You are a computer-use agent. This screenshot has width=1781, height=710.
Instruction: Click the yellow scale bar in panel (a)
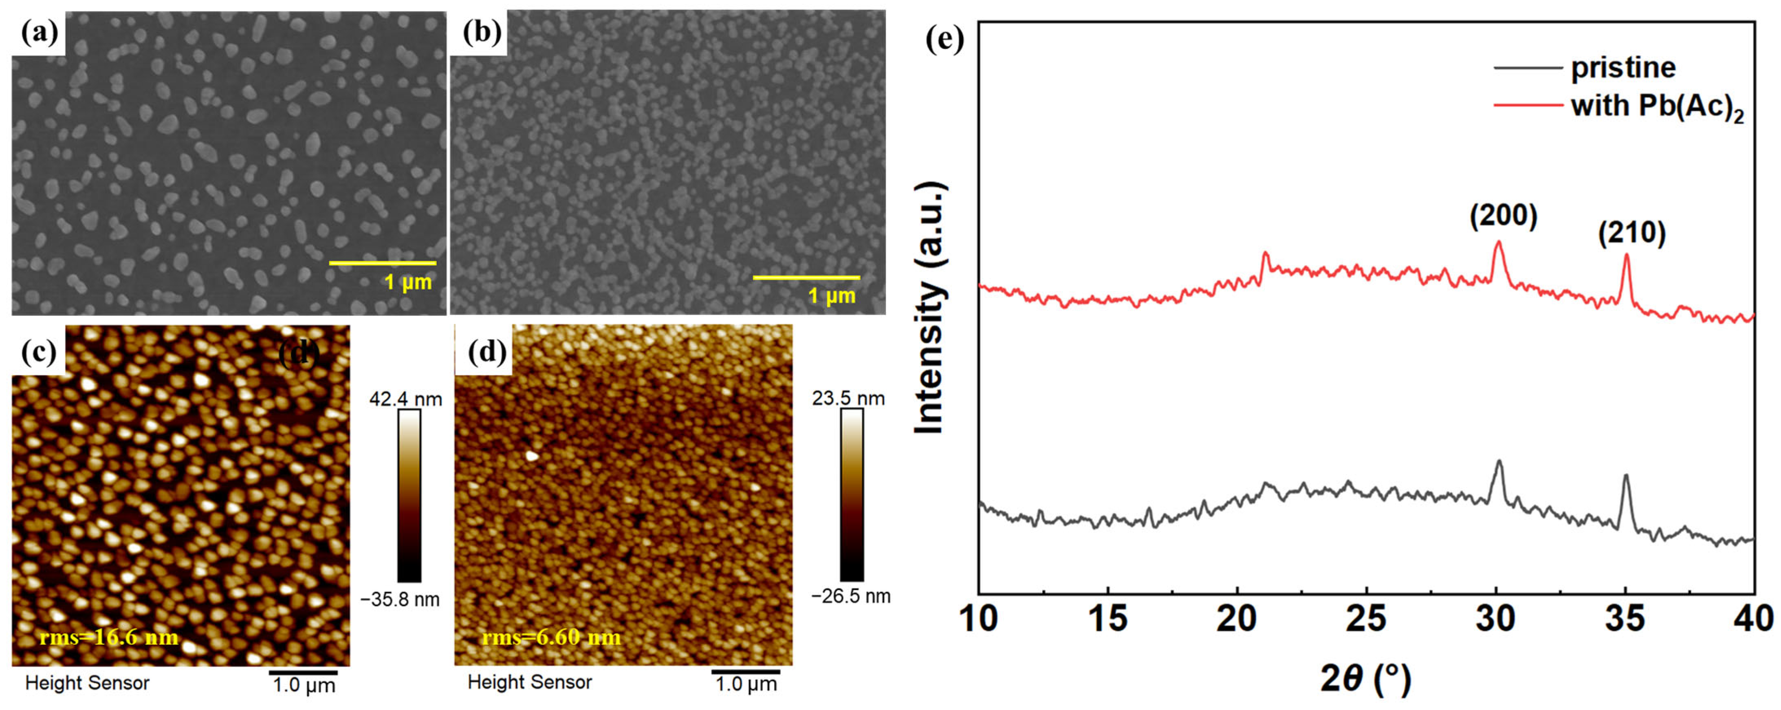pyautogui.click(x=382, y=263)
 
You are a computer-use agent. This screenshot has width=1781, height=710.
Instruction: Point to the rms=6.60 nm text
pyautogui.click(x=551, y=637)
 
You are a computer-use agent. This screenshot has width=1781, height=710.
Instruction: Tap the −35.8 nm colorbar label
pyautogui.click(x=400, y=600)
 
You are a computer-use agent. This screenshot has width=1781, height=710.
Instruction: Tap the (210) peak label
pyautogui.click(x=1631, y=233)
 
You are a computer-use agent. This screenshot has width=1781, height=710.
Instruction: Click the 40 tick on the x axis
pyautogui.click(x=1753, y=618)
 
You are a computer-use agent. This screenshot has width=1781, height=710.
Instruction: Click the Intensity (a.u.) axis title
pyautogui.click(x=929, y=309)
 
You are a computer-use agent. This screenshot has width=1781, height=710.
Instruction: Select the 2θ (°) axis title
pyautogui.click(x=1365, y=679)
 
